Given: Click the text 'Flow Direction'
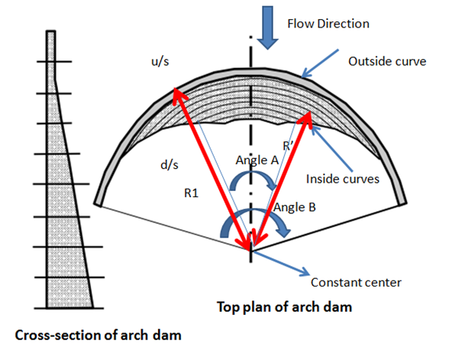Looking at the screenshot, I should tap(328, 24).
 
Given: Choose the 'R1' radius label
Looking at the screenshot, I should tap(192, 193).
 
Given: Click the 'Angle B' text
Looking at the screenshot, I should tap(292, 206).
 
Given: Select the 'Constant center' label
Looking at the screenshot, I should tap(356, 282).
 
